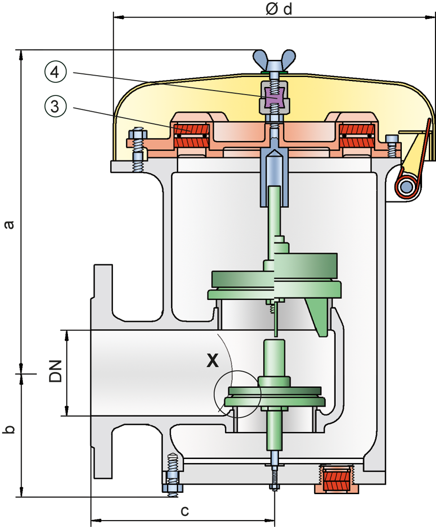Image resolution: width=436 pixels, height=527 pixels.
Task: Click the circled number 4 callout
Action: click(55, 72)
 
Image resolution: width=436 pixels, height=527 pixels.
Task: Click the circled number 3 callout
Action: click(55, 107)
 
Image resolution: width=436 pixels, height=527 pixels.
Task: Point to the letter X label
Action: click(212, 360)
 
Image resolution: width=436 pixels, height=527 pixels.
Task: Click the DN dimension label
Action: click(57, 371)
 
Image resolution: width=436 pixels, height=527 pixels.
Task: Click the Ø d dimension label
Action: click(279, 9)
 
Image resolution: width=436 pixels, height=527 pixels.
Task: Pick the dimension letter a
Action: click(9, 224)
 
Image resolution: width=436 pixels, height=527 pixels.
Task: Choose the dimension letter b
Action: click(9, 428)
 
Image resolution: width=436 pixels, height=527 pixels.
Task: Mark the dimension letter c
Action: click(184, 511)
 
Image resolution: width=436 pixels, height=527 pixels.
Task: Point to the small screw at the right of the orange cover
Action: click(393, 144)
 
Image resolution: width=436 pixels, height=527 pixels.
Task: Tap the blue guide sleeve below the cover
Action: click(274, 180)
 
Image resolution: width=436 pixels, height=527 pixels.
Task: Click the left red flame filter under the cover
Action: click(191, 135)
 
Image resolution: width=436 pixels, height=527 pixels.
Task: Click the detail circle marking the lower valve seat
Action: click(237, 393)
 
